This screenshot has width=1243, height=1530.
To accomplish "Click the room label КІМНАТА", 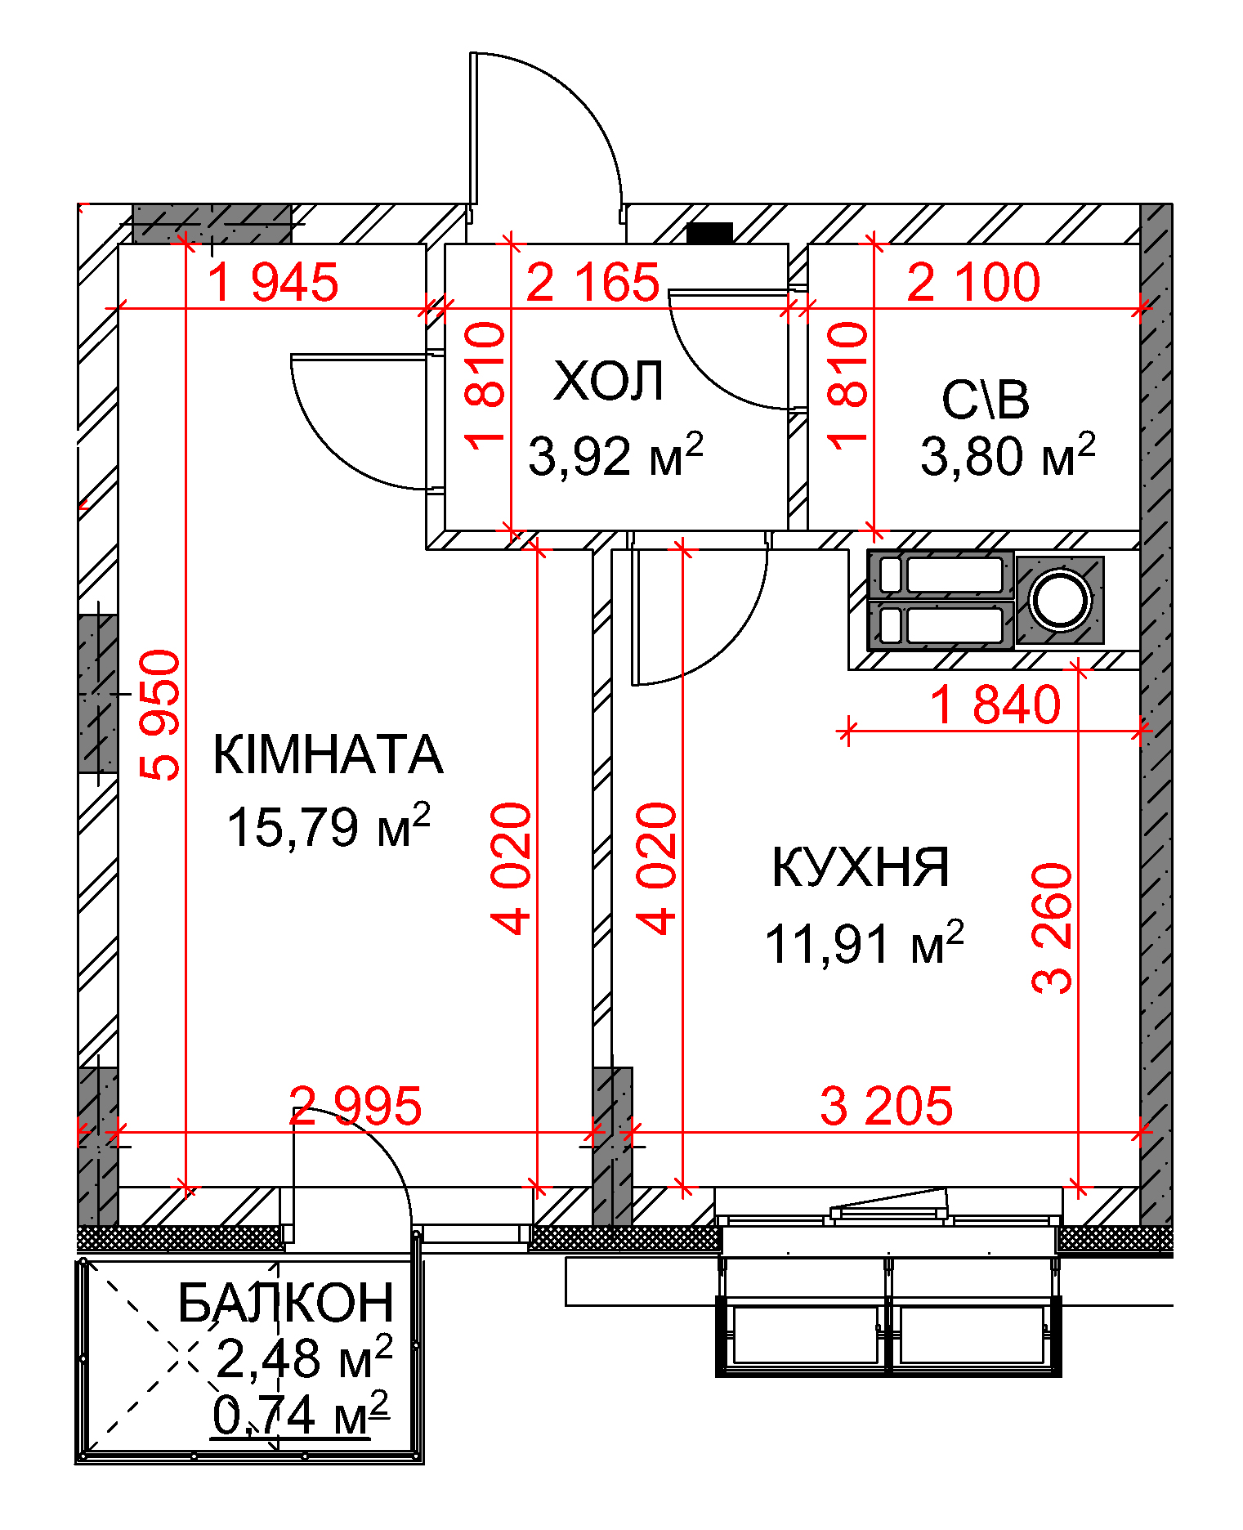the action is [328, 754].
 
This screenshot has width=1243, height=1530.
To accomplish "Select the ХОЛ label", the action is [609, 381].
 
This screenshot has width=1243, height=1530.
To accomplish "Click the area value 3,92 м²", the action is [615, 454].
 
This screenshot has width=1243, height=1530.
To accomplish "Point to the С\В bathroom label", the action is [985, 400].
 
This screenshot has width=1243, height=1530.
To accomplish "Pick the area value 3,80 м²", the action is [1008, 454].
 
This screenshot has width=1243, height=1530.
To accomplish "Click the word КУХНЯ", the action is [861, 867].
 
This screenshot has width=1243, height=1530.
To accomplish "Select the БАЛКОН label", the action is [286, 1303].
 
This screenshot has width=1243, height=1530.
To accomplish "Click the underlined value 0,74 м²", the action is [300, 1415].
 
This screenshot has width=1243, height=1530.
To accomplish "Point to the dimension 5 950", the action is [160, 714].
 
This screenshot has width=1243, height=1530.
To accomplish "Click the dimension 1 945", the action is [273, 283].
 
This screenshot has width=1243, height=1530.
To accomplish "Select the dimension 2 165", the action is [592, 283].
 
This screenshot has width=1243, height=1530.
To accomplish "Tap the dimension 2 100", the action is [973, 283].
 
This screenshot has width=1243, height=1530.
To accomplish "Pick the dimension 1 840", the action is [995, 705].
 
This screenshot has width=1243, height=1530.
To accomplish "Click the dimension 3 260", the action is [1052, 928].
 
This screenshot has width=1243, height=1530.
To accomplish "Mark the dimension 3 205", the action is [887, 1106].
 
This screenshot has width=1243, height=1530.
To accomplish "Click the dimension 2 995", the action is [356, 1106].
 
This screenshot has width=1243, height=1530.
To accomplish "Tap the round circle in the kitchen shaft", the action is [1060, 601].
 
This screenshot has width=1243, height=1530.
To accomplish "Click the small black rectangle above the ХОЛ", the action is [709, 233].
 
